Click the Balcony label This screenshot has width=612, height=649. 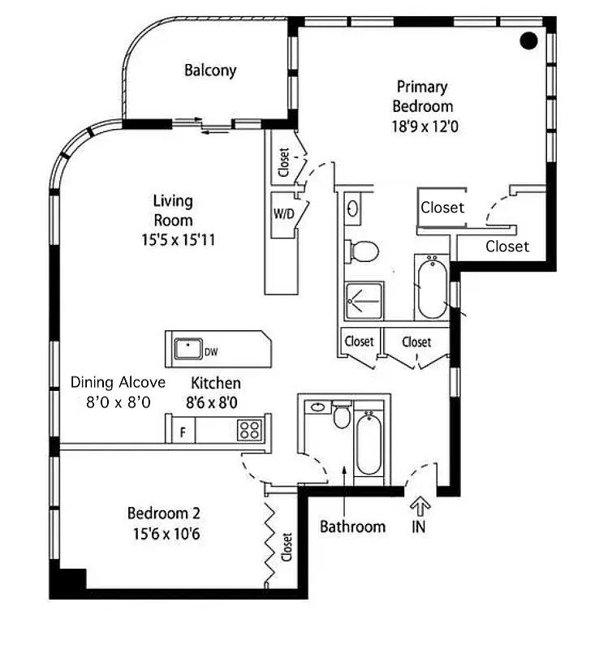pos(210,70)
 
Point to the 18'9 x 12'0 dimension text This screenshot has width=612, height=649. pos(422,126)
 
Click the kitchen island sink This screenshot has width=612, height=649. pos(188,348)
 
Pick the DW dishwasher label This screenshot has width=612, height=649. pos(211,351)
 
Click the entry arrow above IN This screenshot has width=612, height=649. pos(419,506)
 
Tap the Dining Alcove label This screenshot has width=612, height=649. pos(118,382)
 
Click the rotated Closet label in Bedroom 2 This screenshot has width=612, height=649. pos(287,546)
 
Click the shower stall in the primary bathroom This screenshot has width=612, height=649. pos(359,299)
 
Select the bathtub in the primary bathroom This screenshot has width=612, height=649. pos(432,288)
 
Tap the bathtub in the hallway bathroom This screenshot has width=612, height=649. pos(368,444)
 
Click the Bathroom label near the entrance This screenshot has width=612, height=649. pos(352,527)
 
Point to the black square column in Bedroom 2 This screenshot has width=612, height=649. pos(67,582)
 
